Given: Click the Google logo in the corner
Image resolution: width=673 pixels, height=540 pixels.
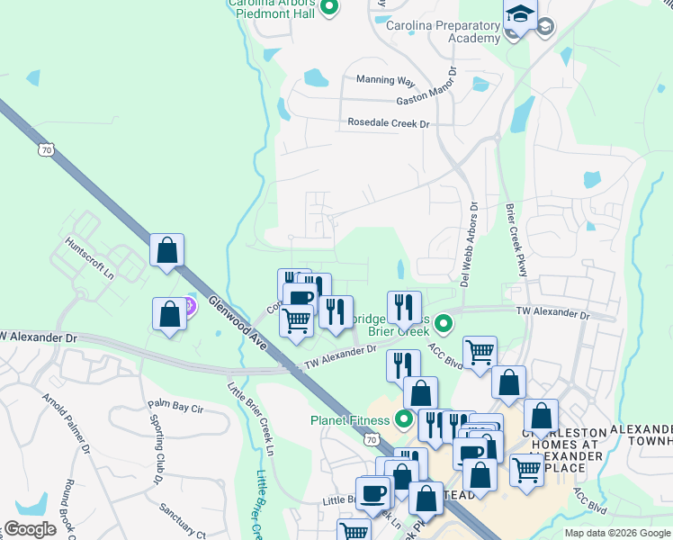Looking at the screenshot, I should pyautogui.click(x=31, y=529).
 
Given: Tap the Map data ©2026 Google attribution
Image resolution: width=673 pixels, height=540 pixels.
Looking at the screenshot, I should pyautogui.click(x=617, y=533).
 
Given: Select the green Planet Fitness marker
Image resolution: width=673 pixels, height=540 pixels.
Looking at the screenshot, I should pyautogui.click(x=404, y=418).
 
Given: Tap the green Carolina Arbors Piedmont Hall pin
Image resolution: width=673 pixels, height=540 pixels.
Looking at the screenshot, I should pyautogui.click(x=328, y=8).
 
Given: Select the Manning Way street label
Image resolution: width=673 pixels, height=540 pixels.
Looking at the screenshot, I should pyautogui.click(x=385, y=80).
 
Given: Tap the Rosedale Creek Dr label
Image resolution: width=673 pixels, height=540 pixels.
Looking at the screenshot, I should pyautogui.click(x=389, y=123).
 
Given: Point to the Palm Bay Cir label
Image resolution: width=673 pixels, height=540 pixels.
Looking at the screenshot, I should pyautogui.click(x=176, y=407).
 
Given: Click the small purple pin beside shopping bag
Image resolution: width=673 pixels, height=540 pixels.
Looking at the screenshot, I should pyautogui.click(x=189, y=308).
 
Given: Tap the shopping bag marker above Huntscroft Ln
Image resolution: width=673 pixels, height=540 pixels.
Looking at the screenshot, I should pyautogui.click(x=167, y=250).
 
